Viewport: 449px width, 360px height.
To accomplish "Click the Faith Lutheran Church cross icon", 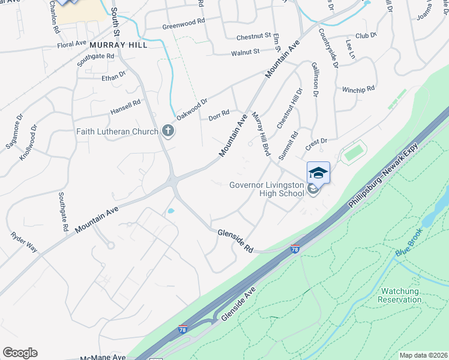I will [168, 131].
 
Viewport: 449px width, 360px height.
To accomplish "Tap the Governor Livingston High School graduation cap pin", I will [318, 173].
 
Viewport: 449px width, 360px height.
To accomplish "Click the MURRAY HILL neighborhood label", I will [118, 45].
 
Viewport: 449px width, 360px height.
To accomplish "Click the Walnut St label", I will [245, 52].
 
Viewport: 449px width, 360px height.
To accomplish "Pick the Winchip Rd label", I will [358, 89].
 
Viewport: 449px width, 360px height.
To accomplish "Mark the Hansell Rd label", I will [125, 107].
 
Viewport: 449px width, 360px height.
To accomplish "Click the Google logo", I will [20, 353].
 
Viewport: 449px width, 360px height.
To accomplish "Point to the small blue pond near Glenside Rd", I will [170, 211].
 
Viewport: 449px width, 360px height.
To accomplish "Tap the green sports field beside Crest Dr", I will [354, 152].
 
